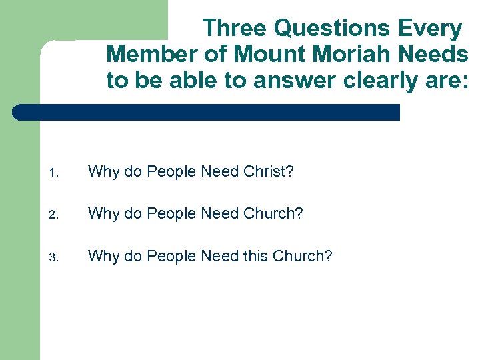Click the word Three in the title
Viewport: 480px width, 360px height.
235,29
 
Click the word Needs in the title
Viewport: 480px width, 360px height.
437,54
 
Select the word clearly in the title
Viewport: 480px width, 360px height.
381,80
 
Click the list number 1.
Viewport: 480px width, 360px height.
53,173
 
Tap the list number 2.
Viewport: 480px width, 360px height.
53,215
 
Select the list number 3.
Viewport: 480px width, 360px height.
53,257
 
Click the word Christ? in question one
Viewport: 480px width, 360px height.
268,172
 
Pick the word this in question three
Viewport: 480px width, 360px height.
257,256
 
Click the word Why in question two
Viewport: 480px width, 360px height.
103,214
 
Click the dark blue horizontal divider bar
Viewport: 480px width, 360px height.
207,112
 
